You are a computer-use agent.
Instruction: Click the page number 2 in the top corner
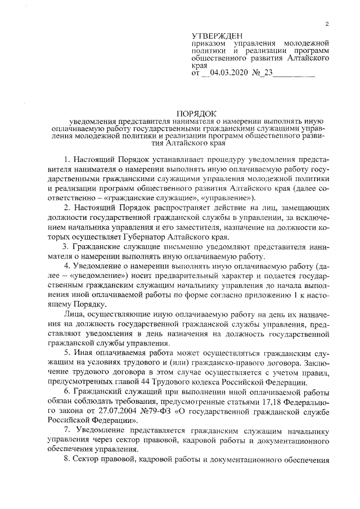[x=326, y=23]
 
